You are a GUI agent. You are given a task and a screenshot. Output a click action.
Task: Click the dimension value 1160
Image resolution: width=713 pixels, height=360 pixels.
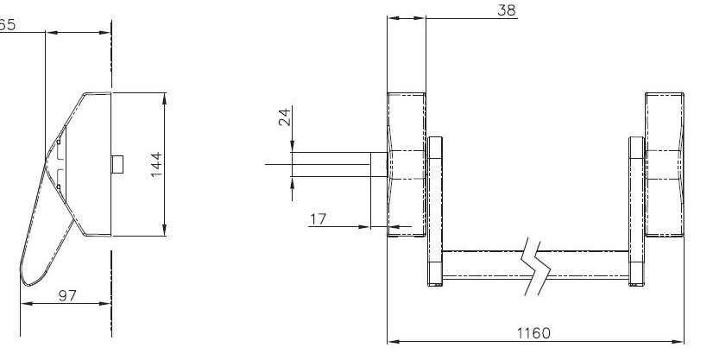(x=533, y=333)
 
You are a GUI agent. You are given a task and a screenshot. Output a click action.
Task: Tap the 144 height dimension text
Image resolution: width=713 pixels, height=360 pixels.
(x=156, y=165)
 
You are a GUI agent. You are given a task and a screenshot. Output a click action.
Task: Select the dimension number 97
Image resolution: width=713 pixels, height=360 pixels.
(x=67, y=296)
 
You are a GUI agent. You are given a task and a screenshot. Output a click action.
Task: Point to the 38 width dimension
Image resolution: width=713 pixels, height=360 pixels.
(x=507, y=10)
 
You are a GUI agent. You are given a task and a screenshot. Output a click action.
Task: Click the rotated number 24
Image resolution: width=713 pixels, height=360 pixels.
(x=284, y=117)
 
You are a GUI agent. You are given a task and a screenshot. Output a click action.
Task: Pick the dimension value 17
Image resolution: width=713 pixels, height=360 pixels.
(x=319, y=219)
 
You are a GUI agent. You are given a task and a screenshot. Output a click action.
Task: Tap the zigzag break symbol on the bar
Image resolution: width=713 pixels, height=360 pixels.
(x=536, y=266)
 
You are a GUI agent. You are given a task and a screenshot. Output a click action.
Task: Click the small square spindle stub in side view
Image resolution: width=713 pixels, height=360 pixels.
(x=117, y=164)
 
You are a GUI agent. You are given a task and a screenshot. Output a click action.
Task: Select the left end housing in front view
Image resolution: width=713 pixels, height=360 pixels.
(x=407, y=165)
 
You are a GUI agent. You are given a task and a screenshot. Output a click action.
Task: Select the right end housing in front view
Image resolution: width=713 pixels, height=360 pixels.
(x=665, y=165)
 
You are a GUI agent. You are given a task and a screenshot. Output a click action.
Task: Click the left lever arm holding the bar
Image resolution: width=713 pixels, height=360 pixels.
(x=435, y=212)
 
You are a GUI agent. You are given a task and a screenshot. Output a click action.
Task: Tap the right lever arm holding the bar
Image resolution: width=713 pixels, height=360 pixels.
(x=636, y=212)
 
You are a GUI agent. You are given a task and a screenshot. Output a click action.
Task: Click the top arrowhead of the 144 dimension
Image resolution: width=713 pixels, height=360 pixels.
(x=164, y=98)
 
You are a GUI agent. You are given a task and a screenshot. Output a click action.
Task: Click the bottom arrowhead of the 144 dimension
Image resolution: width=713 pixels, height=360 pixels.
(x=164, y=231)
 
